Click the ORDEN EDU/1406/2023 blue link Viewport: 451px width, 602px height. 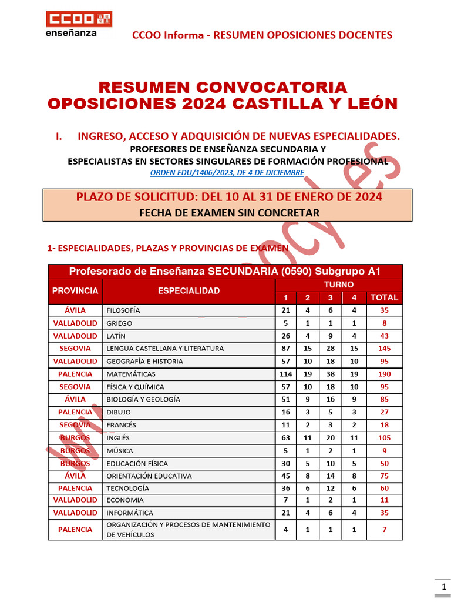227,173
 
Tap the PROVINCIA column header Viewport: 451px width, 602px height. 75,290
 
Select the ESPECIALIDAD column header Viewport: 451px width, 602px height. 189,290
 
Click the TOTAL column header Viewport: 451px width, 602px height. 384,297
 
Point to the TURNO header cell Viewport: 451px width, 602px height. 339,285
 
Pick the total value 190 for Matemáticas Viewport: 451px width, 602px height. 384,374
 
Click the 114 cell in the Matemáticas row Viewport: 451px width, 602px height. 286,374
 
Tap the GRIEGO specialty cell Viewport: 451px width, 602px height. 119,323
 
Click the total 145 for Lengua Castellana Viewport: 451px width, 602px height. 384,349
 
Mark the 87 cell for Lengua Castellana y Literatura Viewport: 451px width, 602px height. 286,349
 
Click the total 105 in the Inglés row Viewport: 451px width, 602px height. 384,438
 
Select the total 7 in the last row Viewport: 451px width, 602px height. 384,530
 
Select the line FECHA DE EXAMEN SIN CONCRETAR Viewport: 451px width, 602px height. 229,212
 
